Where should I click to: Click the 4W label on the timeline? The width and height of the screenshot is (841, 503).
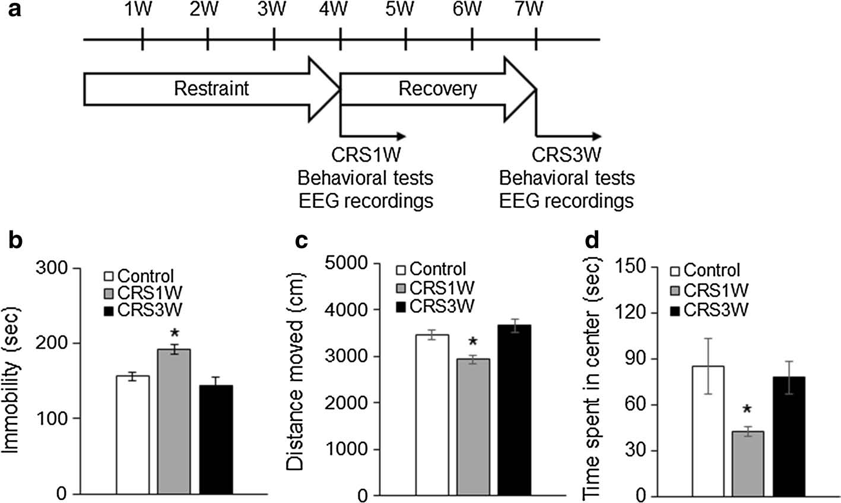point(333,9)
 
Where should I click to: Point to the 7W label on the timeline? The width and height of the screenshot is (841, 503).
point(529,9)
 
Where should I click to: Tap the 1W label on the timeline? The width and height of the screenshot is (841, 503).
point(138,9)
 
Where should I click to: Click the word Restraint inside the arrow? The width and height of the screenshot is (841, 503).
point(211,88)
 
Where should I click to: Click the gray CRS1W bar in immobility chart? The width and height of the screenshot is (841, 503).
point(174,422)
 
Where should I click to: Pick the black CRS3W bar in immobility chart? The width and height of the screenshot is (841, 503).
point(216,439)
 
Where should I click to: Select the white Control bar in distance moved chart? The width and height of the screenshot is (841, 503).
point(432,415)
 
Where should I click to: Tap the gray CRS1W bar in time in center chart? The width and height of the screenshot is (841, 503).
point(748,464)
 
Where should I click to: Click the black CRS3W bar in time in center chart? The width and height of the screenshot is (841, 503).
point(789,436)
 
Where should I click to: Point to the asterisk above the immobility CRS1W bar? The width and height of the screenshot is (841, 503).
point(174,333)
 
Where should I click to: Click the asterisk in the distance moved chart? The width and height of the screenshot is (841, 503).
point(473,341)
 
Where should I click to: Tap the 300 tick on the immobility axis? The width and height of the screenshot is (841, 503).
point(52,268)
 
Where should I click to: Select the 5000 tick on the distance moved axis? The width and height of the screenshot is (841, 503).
point(347,263)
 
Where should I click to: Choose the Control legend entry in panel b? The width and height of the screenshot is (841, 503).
point(139,276)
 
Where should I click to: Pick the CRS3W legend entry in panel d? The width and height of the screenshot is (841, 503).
point(709,310)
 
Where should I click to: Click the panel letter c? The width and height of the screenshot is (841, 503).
point(302,241)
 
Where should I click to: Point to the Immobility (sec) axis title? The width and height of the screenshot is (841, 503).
point(11,381)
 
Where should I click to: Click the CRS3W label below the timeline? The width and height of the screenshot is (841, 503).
point(566,155)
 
